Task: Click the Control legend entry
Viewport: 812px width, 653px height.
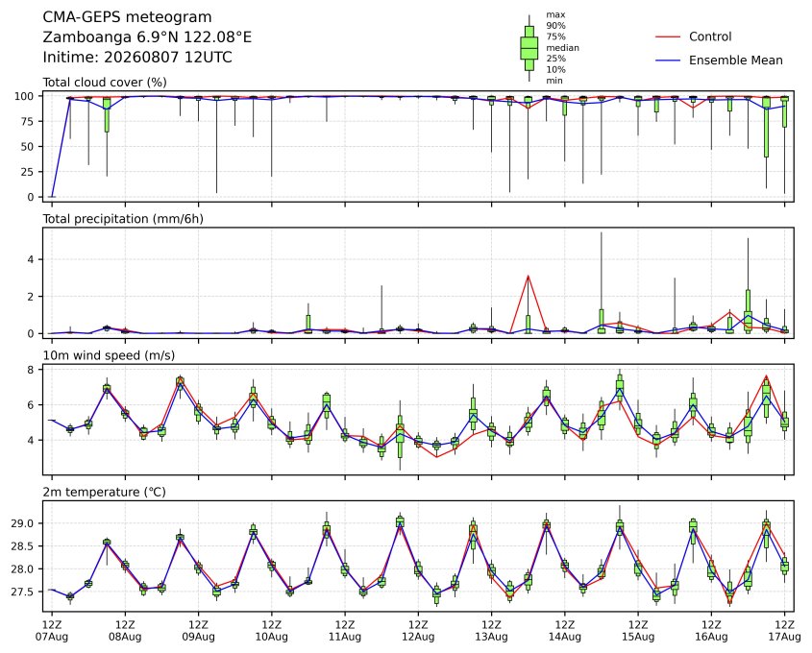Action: tap(694, 36)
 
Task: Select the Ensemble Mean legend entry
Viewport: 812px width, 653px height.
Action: tap(719, 60)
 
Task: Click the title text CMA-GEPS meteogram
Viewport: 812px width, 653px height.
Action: tap(127, 17)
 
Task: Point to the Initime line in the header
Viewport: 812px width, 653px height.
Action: tap(137, 57)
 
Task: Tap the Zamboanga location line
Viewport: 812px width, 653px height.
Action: tap(147, 37)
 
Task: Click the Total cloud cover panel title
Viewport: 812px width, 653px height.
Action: tap(105, 83)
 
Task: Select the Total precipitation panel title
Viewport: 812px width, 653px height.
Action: tap(123, 219)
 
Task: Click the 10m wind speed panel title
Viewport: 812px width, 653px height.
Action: tap(109, 355)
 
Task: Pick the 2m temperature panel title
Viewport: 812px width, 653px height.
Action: tap(104, 492)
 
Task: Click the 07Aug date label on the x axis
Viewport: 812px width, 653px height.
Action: tap(51, 637)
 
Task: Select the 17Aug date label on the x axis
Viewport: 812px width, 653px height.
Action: tap(784, 637)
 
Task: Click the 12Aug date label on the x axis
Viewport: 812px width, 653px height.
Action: tap(418, 637)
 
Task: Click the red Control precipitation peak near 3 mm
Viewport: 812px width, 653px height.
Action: tap(529, 276)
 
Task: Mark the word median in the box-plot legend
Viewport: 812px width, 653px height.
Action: tap(562, 48)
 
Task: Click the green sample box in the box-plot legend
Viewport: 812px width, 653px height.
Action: tap(529, 48)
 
